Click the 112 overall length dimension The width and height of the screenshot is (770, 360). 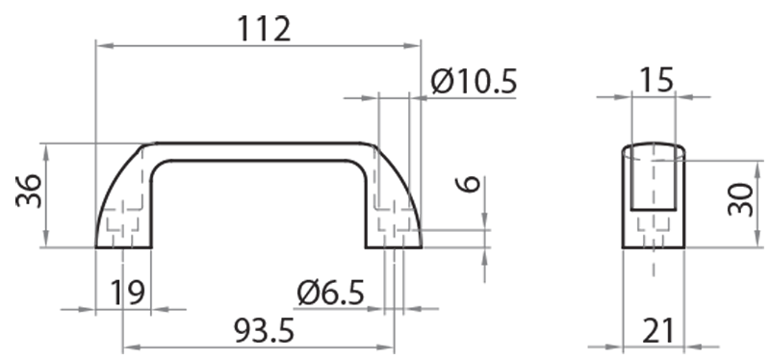(264, 29)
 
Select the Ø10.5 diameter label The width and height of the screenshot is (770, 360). (474, 81)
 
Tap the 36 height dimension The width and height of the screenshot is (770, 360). (29, 191)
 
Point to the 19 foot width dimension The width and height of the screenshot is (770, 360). (127, 293)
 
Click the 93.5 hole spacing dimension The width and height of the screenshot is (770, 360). (264, 330)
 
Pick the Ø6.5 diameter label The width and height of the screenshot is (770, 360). (330, 293)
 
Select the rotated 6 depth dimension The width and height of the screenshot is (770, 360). (470, 184)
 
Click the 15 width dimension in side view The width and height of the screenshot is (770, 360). (657, 80)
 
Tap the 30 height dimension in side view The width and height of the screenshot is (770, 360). (740, 199)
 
